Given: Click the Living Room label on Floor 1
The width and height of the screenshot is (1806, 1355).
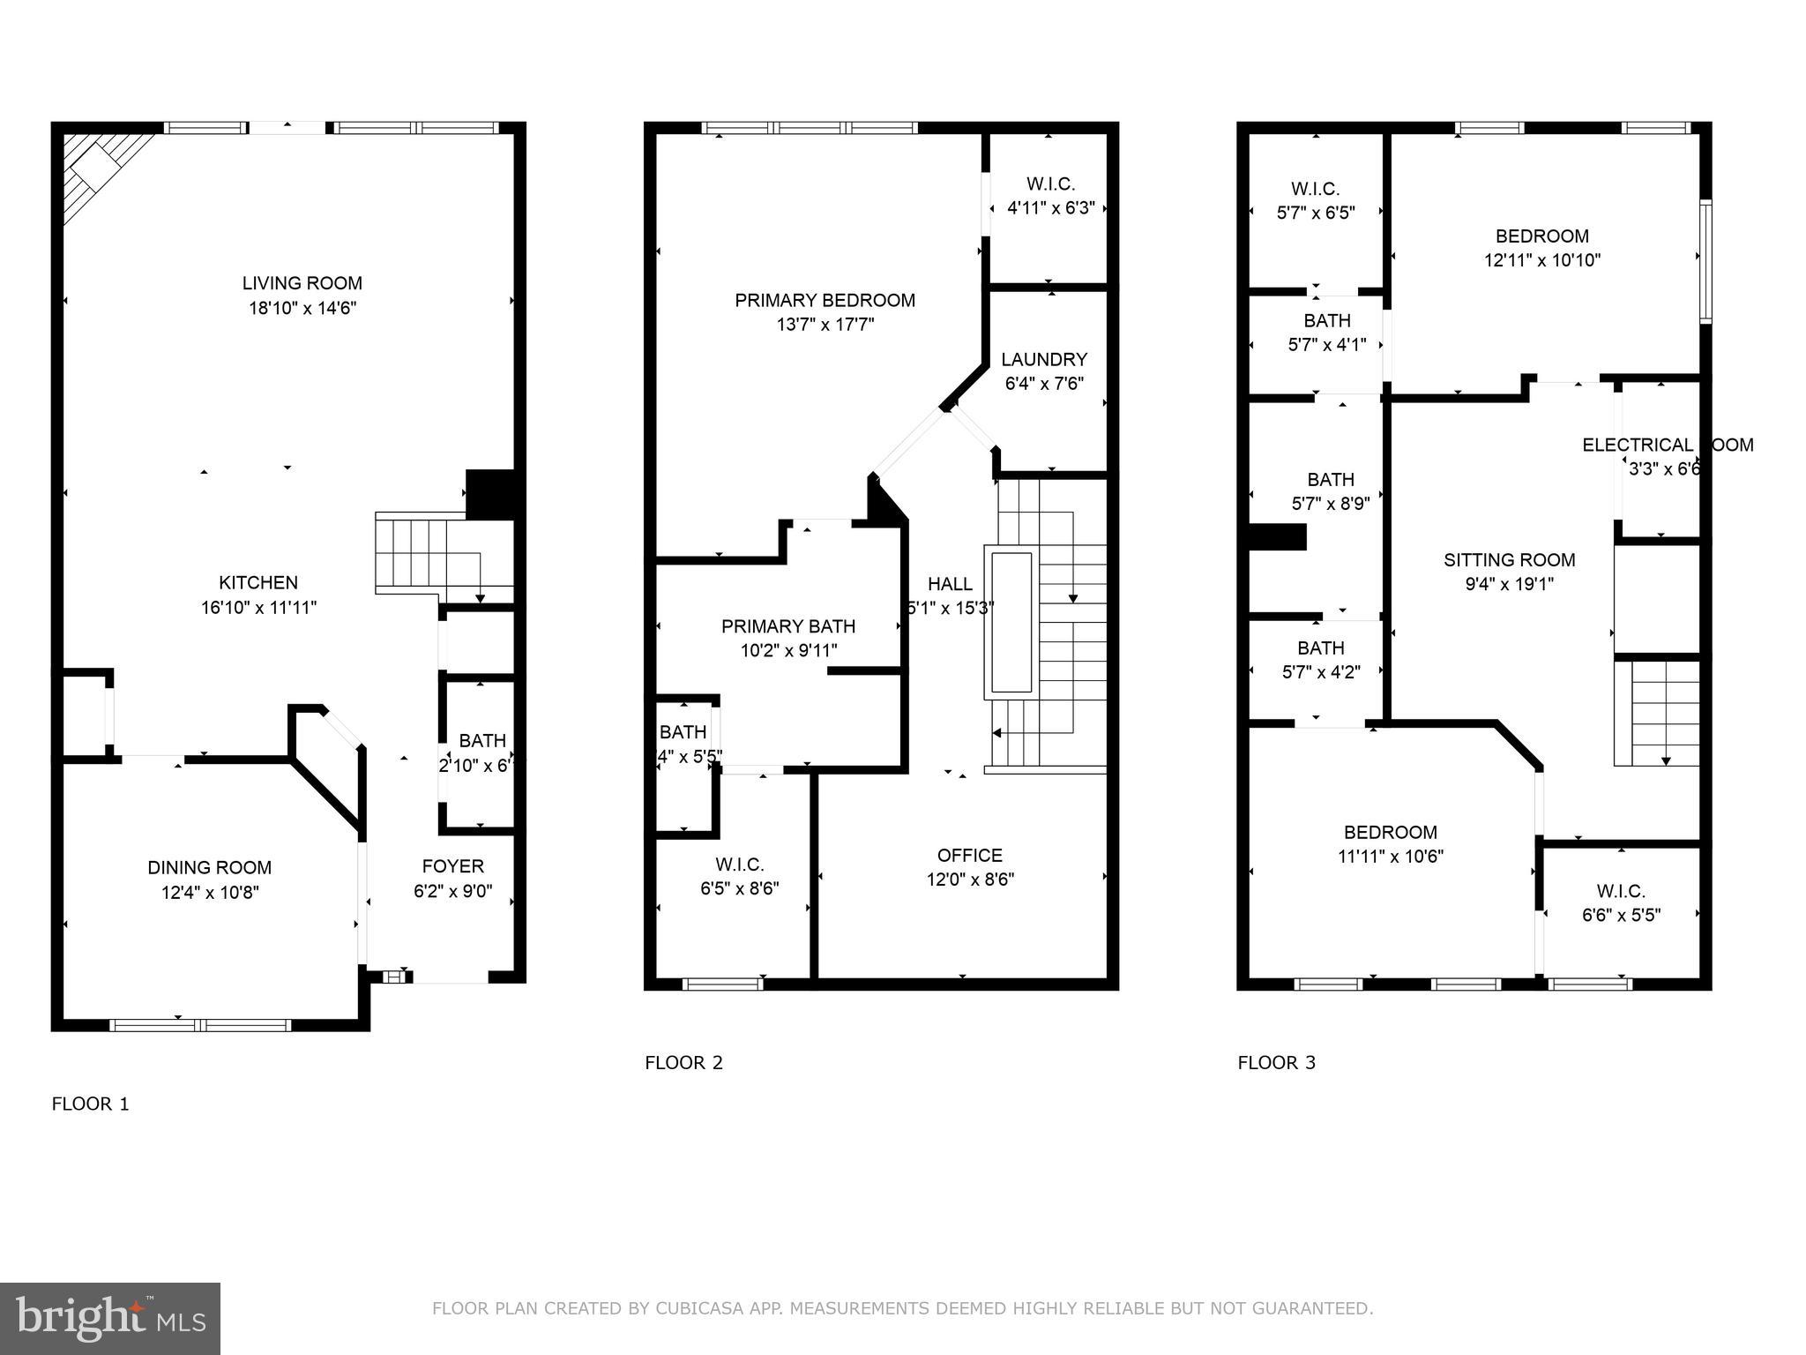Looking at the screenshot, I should click(x=302, y=283).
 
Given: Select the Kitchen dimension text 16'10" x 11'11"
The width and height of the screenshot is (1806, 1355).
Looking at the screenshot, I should click(x=258, y=607).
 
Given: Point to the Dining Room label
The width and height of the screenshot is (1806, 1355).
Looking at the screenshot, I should click(x=209, y=867).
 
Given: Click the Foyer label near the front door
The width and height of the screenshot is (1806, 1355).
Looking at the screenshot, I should click(x=452, y=865).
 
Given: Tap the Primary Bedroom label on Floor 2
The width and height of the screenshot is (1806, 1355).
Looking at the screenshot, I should click(x=825, y=300).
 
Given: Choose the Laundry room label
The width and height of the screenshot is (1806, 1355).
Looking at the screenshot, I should click(x=1044, y=359).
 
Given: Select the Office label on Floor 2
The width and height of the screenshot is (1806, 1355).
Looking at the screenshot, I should click(x=969, y=855).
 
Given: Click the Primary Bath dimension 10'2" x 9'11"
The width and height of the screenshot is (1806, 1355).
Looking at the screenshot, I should click(x=788, y=650).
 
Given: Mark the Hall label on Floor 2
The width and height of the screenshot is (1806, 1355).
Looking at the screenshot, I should click(x=950, y=583).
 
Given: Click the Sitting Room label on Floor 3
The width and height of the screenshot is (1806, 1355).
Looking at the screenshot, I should click(x=1509, y=559).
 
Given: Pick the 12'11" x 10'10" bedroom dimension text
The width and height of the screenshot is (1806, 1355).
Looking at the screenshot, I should click(x=1541, y=260).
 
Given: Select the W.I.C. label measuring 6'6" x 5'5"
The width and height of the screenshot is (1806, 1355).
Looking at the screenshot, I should click(x=1621, y=891).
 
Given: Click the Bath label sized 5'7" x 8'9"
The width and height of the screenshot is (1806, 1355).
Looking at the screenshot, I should click(x=1330, y=479).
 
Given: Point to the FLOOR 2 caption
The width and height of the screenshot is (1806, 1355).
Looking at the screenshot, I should click(x=683, y=1062).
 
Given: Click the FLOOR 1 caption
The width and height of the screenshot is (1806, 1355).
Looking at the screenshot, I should click(x=90, y=1104).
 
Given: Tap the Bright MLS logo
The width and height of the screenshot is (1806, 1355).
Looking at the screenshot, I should click(x=110, y=1318).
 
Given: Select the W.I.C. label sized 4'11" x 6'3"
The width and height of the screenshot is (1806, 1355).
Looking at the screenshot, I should click(x=1050, y=183).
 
